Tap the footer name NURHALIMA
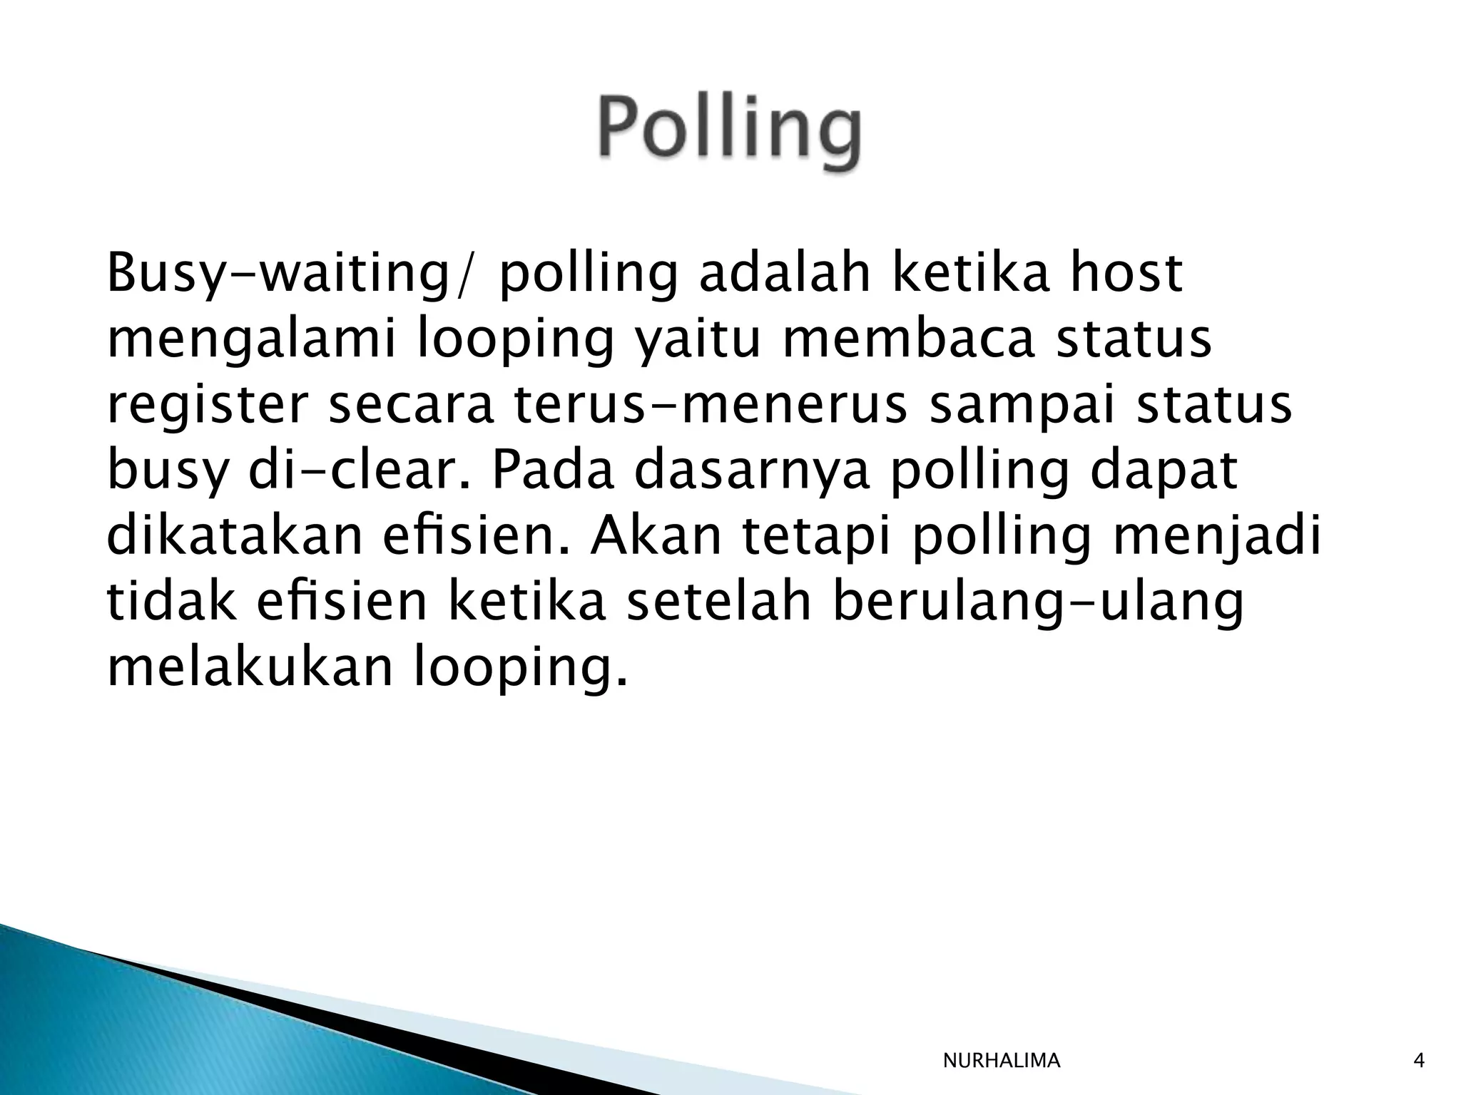1001,1061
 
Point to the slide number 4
1419,1061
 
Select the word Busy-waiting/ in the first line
290,274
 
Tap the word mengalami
253,340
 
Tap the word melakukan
250,667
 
